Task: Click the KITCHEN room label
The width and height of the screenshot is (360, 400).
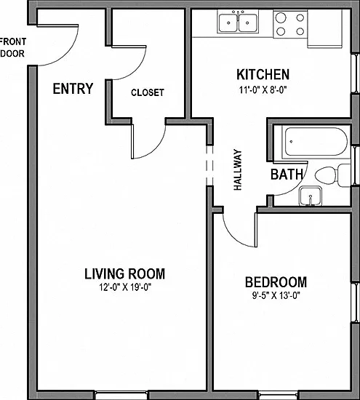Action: pos(263,74)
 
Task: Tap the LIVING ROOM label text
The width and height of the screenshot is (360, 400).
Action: pos(125,273)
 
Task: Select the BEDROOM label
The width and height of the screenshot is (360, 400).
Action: pos(276,282)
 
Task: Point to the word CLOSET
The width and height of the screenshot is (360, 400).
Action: pos(148,92)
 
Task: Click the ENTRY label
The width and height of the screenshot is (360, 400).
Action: pos(73,89)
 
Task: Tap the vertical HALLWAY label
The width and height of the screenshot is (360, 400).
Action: pos(238,169)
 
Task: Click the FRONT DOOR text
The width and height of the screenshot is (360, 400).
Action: pos(13,47)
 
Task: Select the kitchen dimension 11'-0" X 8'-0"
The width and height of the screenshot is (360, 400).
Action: pos(263,89)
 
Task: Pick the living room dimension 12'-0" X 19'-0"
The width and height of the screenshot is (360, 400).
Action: pos(125,287)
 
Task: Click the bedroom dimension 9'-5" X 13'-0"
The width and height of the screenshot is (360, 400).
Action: pos(276,296)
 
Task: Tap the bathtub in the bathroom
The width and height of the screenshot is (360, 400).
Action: pos(316,142)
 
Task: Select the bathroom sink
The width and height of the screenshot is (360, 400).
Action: pos(311,196)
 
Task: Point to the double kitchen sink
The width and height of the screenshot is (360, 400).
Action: pos(238,22)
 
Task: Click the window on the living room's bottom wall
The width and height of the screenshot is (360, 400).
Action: pos(121,395)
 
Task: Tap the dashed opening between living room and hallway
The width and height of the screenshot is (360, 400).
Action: pos(209,166)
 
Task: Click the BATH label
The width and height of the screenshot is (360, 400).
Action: pos(287,175)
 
